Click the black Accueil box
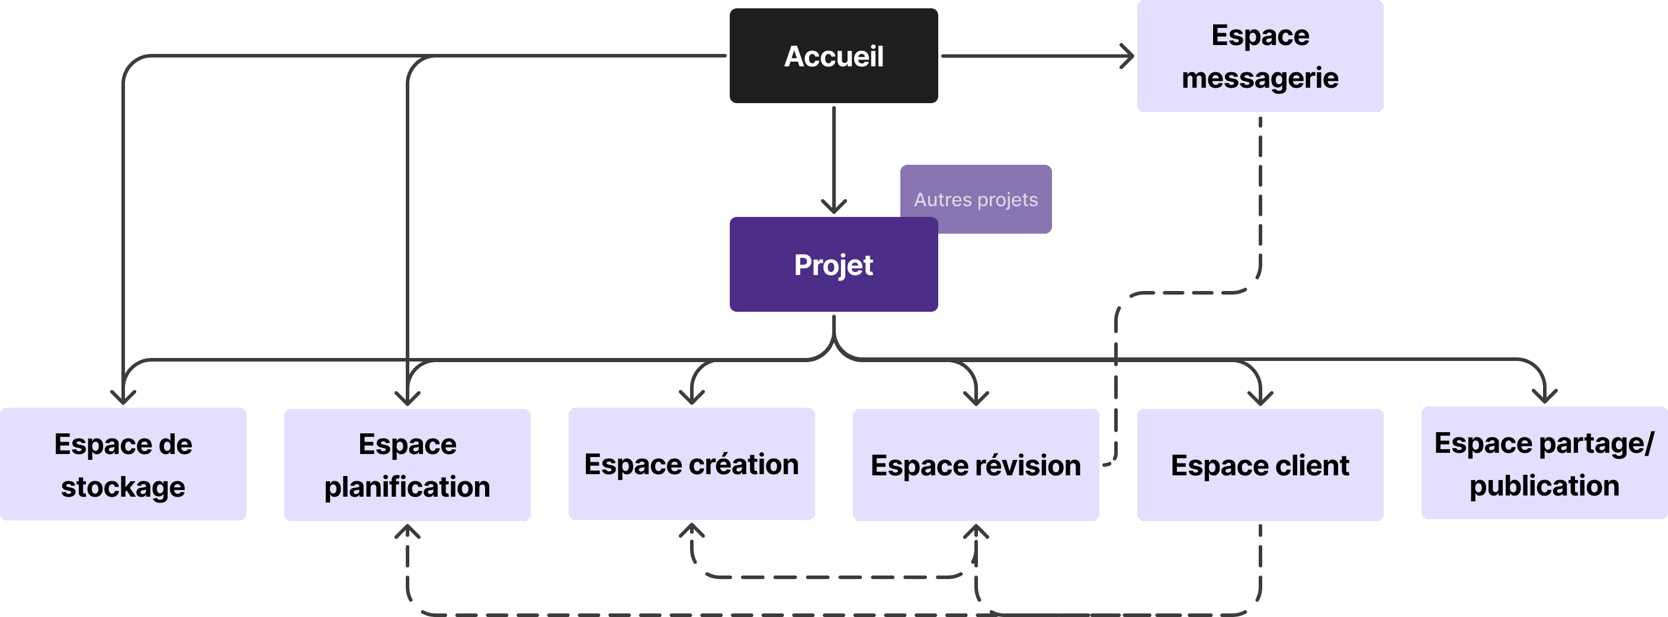pos(833,56)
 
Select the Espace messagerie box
pos(1259,56)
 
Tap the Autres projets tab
pos(976,199)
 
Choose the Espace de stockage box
pos(123,464)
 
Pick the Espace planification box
pos(408,465)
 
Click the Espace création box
pos(692,464)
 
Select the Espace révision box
pos(976,465)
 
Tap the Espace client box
pos(1259,465)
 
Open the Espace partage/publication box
pos(1544,463)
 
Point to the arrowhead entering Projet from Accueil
pos(833,207)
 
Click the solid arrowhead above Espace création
pos(692,397)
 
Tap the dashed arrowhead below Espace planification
pos(408,531)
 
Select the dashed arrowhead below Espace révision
pos(976,531)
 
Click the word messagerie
pos(1259,78)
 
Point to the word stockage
pos(123,487)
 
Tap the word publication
pos(1544,485)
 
